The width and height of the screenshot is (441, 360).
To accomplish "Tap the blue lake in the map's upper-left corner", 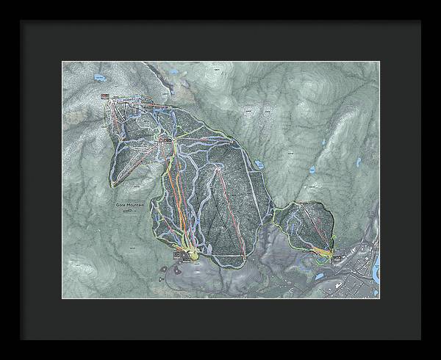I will pos(97,77).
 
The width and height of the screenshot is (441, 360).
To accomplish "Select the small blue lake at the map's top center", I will pos(172,72).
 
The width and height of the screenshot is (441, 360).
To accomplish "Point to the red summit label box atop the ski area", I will pos(106,97).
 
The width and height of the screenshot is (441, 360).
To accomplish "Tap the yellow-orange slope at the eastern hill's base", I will pos(323,252).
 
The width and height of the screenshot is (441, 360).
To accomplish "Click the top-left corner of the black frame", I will pos(20,20).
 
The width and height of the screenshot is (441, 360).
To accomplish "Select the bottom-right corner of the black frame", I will pos(421,340).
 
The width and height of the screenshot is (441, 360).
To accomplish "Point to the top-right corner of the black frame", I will pos(421,20).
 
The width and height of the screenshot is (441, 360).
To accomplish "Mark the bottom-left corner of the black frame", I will pos(20,340).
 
